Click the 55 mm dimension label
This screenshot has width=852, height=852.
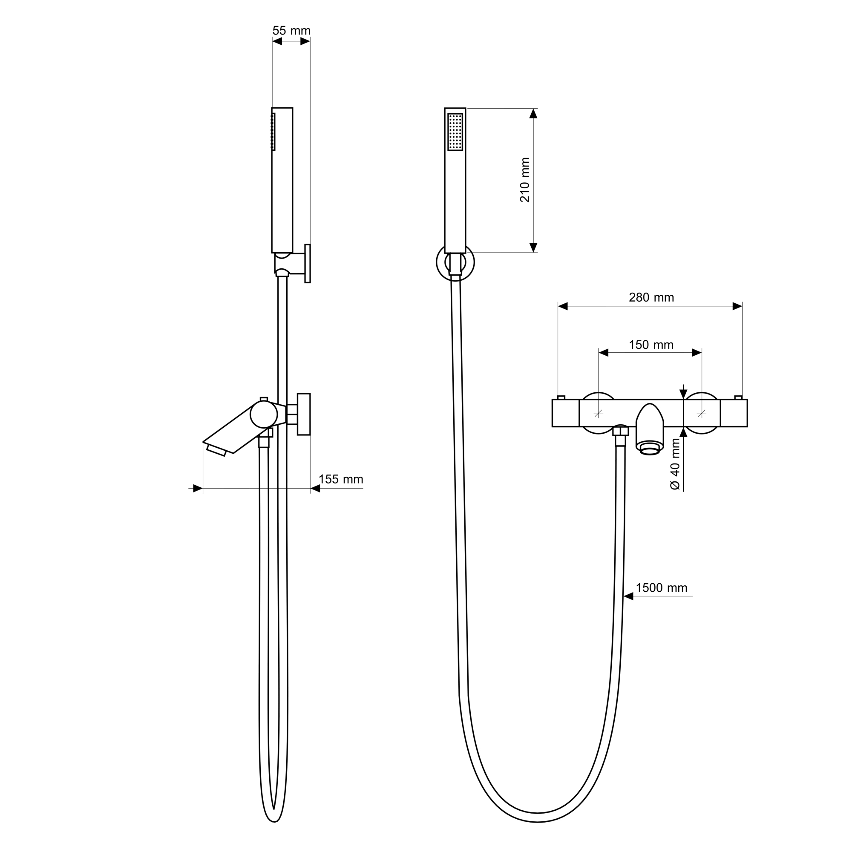[291, 31]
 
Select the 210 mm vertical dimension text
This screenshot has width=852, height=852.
[525, 180]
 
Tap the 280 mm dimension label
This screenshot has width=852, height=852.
[651, 298]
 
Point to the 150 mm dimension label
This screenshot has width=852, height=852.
[651, 345]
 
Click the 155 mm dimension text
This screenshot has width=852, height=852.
[341, 479]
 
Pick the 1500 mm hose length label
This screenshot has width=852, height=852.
[662, 588]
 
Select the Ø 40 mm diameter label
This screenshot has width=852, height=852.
[675, 464]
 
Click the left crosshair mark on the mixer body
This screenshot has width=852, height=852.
[599, 413]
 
